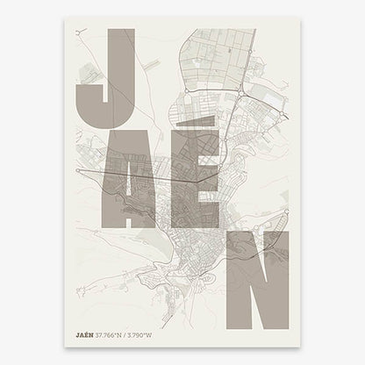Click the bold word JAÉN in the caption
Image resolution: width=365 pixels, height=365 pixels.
[x=88, y=333]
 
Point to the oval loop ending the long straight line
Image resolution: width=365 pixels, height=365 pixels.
[x=80, y=169]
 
